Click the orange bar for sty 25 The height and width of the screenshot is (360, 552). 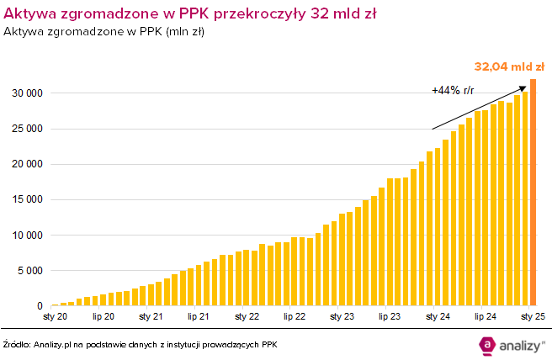(x=533, y=193)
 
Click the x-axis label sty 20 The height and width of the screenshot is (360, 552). (x=56, y=317)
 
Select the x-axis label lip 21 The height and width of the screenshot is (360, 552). (x=199, y=317)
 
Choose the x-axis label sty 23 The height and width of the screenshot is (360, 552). (x=342, y=317)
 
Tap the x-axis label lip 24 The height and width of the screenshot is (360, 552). (x=486, y=317)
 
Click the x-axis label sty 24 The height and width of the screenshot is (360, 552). (x=438, y=317)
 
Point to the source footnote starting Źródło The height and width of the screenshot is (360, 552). (x=140, y=345)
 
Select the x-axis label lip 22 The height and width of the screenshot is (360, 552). (x=295, y=317)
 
